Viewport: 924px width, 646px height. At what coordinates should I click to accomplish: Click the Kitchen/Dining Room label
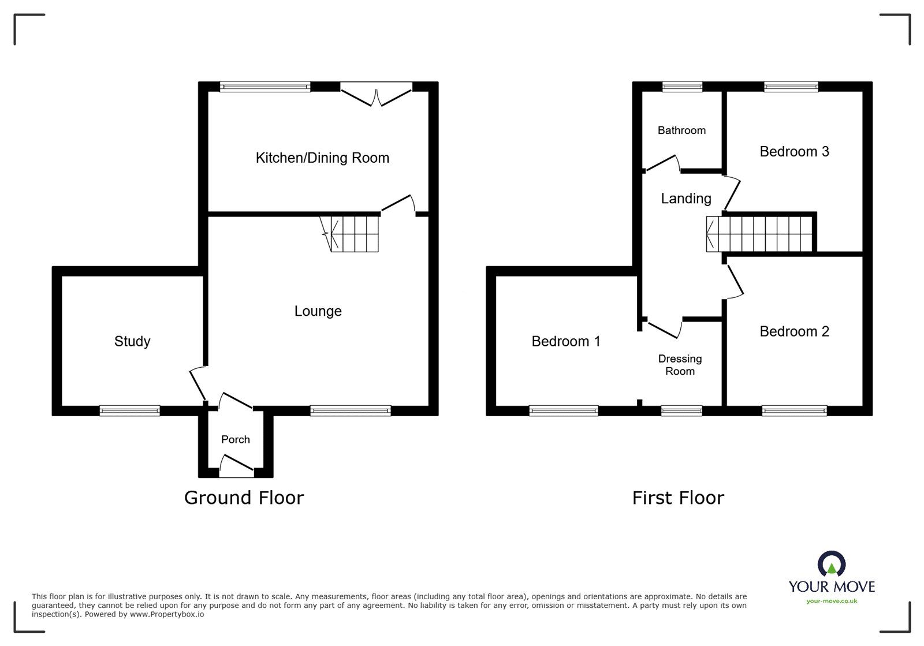[x=322, y=158]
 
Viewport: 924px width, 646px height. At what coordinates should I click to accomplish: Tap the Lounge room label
[x=318, y=311]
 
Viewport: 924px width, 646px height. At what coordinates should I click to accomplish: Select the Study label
[x=132, y=341]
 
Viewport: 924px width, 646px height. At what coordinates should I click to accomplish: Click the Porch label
[x=236, y=439]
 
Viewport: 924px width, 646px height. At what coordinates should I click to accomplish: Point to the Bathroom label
[x=681, y=130]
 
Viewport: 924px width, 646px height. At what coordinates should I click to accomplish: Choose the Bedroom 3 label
[x=794, y=151]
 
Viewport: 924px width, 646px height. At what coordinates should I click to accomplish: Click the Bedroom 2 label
[x=794, y=331]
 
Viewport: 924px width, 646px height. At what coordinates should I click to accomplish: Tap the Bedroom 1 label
[x=566, y=341]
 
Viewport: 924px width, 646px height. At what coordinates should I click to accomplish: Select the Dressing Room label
[x=680, y=365]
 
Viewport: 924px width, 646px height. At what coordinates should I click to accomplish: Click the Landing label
[x=686, y=199]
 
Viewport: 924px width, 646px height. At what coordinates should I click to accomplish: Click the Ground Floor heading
[x=244, y=498]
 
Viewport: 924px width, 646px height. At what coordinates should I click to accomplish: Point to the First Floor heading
[x=678, y=498]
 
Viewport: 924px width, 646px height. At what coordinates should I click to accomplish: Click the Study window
[x=130, y=410]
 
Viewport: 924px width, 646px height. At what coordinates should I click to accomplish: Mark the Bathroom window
[x=682, y=87]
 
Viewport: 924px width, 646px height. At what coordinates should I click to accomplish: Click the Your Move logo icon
[x=832, y=563]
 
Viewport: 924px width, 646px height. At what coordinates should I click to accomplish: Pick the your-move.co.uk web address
[x=832, y=601]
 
